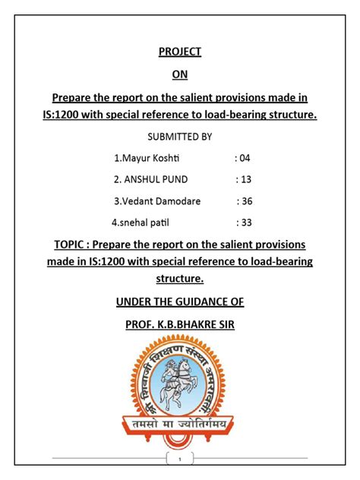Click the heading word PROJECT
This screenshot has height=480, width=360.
(x=179, y=52)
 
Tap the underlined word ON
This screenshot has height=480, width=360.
(x=179, y=74)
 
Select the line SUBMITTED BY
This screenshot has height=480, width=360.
(x=179, y=137)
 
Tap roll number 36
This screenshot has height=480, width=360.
(x=245, y=201)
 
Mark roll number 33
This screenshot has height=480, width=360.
(x=245, y=223)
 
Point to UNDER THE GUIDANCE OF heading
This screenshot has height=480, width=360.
(x=179, y=302)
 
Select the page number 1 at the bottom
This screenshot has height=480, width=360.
(x=179, y=459)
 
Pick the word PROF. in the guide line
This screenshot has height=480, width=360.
(x=141, y=324)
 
